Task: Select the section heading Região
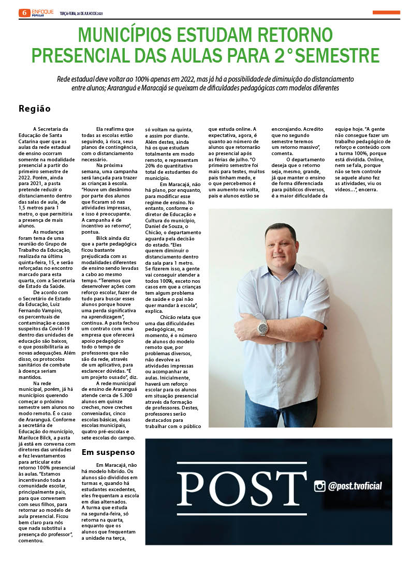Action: (x=35, y=109)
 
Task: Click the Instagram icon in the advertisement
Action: (x=320, y=486)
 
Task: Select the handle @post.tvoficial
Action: (x=355, y=486)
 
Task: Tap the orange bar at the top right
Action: (x=386, y=12)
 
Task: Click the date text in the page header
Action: (x=81, y=13)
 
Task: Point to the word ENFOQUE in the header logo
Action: (x=42, y=11)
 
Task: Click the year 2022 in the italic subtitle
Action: (x=183, y=79)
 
